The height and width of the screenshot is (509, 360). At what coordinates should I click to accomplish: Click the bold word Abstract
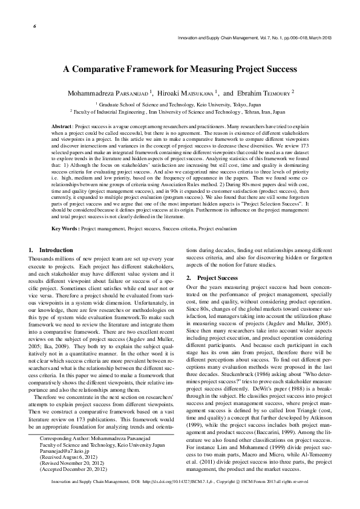click(62, 123)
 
